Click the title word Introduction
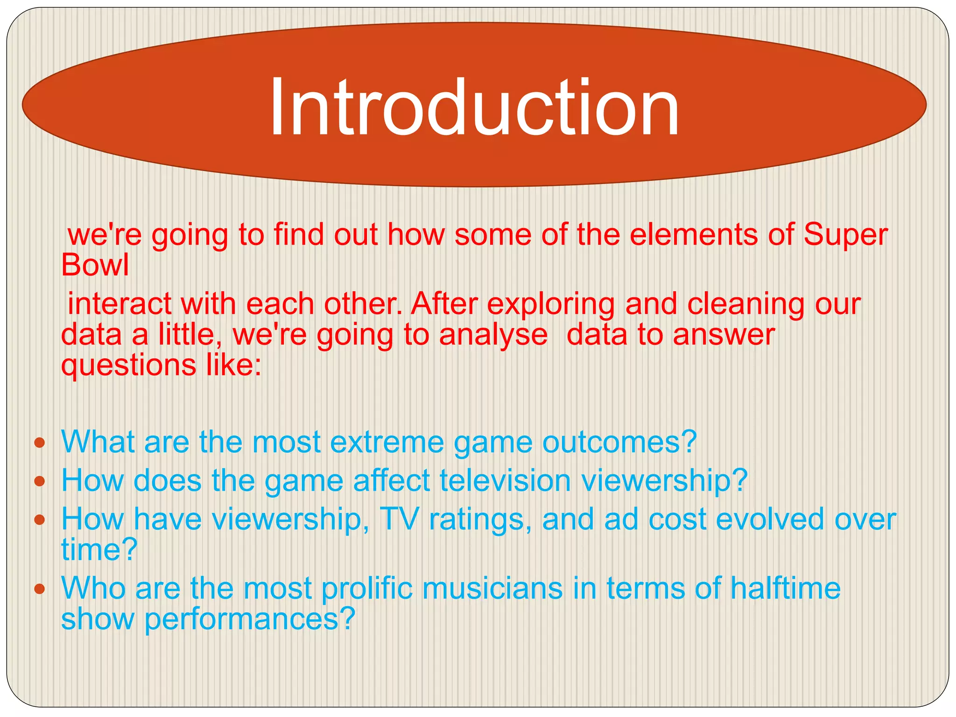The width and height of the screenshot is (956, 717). pyautogui.click(x=474, y=107)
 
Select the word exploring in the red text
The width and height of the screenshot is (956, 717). pyautogui.click(x=551, y=304)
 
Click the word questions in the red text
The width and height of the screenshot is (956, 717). pyautogui.click(x=128, y=366)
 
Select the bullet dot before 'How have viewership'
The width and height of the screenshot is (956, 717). pyautogui.click(x=40, y=520)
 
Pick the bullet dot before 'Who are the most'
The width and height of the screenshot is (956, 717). pyautogui.click(x=40, y=589)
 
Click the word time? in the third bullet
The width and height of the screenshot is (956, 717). pyautogui.click(x=99, y=549)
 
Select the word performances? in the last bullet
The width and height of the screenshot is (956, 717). pyautogui.click(x=250, y=619)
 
